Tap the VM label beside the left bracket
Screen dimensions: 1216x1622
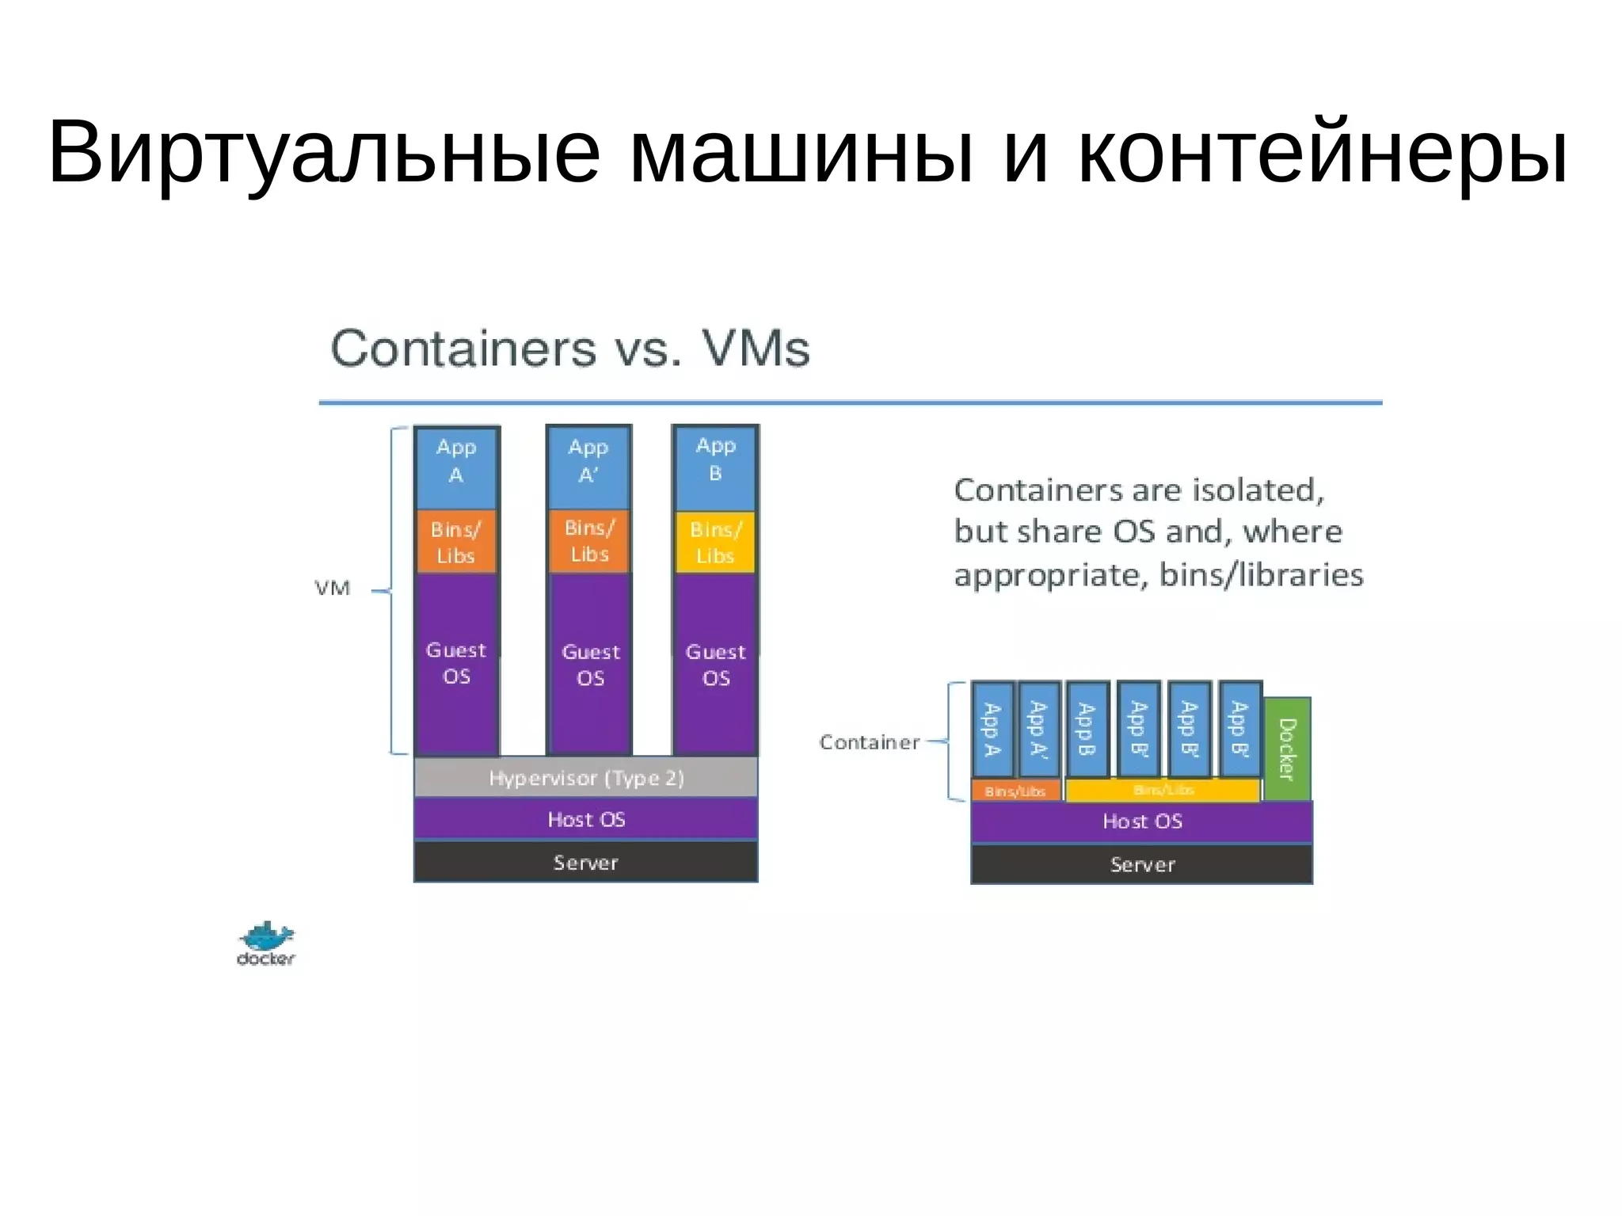(333, 589)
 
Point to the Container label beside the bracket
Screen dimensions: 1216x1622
(869, 742)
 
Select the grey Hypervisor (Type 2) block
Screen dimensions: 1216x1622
(586, 778)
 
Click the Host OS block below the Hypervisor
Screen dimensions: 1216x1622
(586, 819)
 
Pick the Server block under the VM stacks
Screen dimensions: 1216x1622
(586, 863)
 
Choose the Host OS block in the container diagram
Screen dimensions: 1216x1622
(1141, 821)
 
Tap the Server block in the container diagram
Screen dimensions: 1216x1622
(1141, 864)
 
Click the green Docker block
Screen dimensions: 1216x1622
(1287, 749)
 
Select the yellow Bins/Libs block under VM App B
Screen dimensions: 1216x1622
(715, 543)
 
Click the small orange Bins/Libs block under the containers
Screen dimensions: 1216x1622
(1015, 791)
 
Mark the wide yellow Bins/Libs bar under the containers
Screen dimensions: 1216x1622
(1163, 790)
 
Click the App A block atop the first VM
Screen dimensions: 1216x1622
(456, 468)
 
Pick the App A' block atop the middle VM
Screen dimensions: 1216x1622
(588, 468)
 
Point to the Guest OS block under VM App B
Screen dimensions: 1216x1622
(715, 665)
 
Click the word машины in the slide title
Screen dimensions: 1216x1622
(801, 151)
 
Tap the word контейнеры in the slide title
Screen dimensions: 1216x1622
(1322, 151)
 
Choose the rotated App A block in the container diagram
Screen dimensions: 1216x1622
(992, 730)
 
